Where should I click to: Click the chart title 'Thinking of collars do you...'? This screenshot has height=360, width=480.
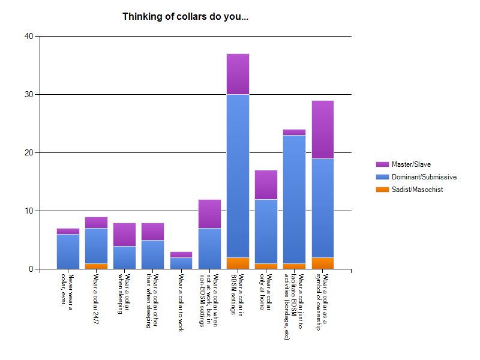[185, 17]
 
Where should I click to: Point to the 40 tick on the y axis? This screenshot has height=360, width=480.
[29, 37]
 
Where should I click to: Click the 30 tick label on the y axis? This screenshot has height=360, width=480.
[29, 95]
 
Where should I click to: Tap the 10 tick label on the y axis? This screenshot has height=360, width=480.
[29, 211]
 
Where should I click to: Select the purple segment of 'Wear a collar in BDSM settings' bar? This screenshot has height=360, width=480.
[238, 74]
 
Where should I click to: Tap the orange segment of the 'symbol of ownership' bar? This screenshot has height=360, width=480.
[323, 263]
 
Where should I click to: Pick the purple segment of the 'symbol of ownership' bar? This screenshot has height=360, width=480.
[323, 130]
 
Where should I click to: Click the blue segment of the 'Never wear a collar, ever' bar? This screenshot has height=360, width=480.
[68, 251]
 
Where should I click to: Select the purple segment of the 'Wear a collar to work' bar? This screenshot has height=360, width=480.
[181, 255]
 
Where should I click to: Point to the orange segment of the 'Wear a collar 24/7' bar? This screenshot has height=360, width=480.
[96, 266]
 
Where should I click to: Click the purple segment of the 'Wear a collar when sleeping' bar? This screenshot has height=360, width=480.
[125, 235]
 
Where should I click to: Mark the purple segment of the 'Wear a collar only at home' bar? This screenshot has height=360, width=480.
[266, 185]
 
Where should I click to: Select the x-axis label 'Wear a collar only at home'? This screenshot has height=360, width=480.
[266, 292]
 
